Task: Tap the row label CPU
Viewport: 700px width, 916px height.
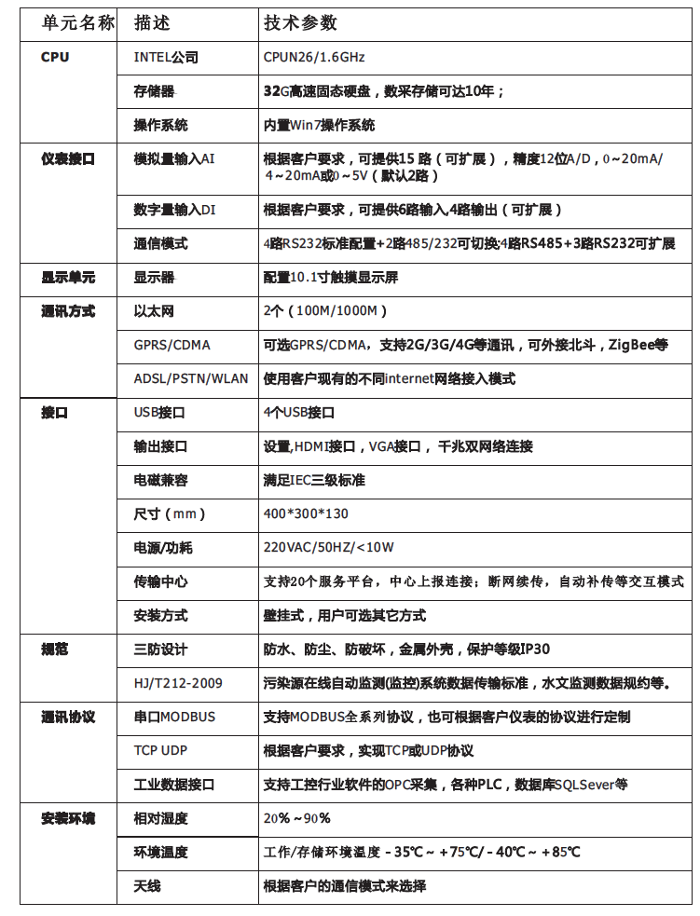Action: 55,57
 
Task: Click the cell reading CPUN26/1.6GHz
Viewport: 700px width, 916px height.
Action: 314,57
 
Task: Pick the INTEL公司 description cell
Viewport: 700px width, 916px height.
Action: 166,57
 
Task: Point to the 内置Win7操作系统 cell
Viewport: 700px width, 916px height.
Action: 319,125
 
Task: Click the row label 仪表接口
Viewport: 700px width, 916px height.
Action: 68,158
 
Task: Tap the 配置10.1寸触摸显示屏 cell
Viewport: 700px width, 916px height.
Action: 331,278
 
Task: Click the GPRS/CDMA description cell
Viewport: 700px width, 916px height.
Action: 172,345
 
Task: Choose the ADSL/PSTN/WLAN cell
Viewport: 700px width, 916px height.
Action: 191,378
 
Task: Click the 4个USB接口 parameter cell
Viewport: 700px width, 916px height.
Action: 298,412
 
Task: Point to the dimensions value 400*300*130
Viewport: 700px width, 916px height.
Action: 306,513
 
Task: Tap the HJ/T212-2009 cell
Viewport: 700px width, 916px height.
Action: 178,683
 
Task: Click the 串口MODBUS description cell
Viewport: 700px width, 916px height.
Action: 174,717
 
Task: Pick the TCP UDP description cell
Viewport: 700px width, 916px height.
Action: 161,750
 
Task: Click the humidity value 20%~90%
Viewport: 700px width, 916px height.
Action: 296,818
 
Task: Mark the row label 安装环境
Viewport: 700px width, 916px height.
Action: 68,818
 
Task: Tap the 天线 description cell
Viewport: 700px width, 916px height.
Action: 147,885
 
